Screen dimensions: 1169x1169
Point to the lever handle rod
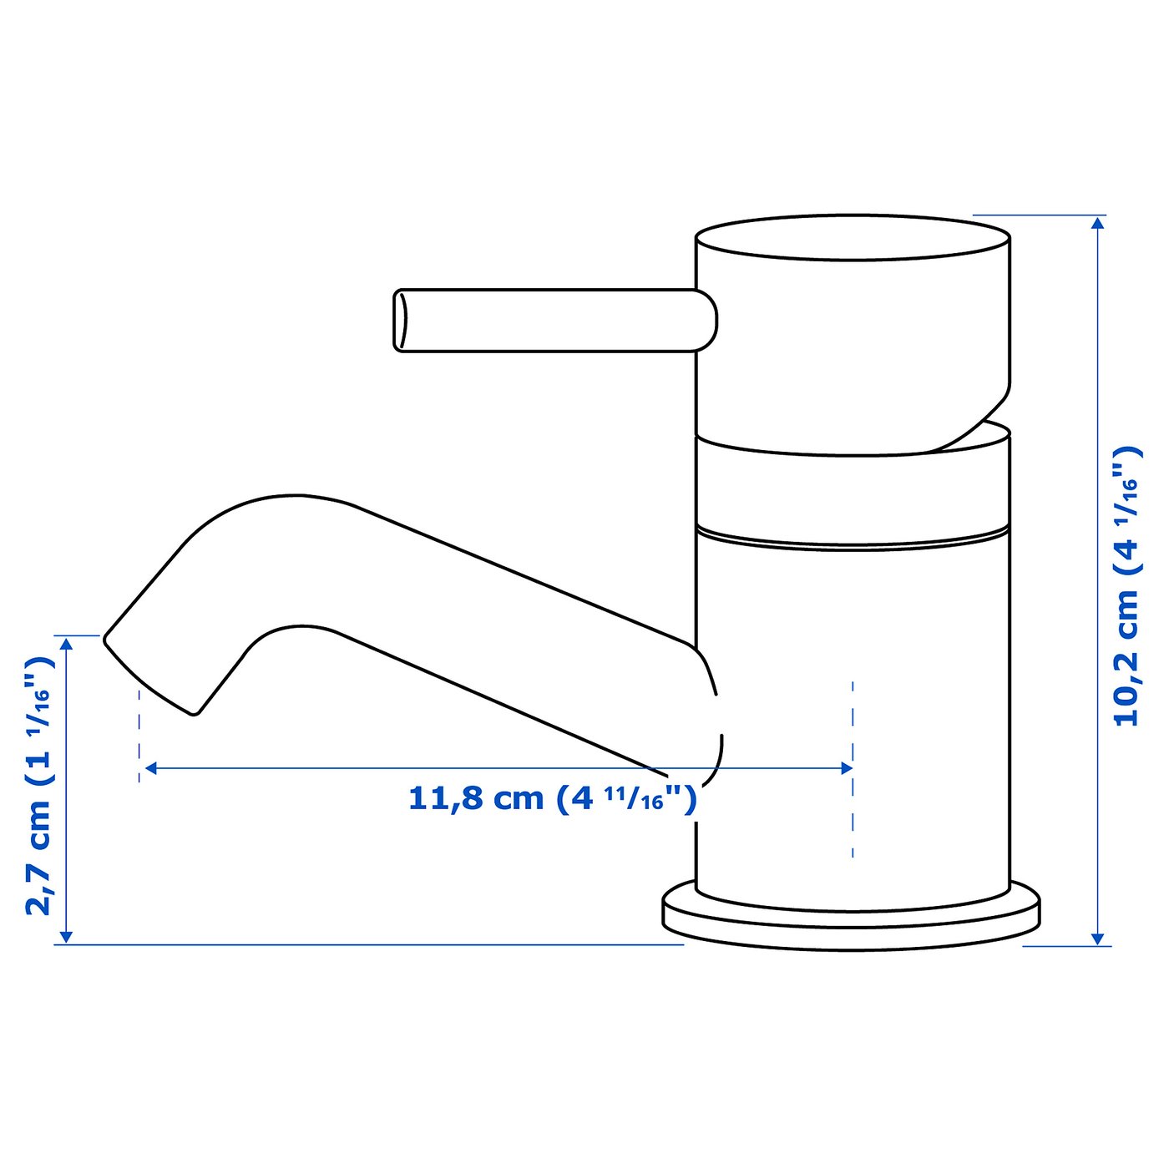tap(551, 320)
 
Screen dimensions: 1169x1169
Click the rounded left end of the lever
tap(402, 321)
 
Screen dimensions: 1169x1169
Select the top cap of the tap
tap(852, 238)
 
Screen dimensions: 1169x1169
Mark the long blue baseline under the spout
tap(367, 944)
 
